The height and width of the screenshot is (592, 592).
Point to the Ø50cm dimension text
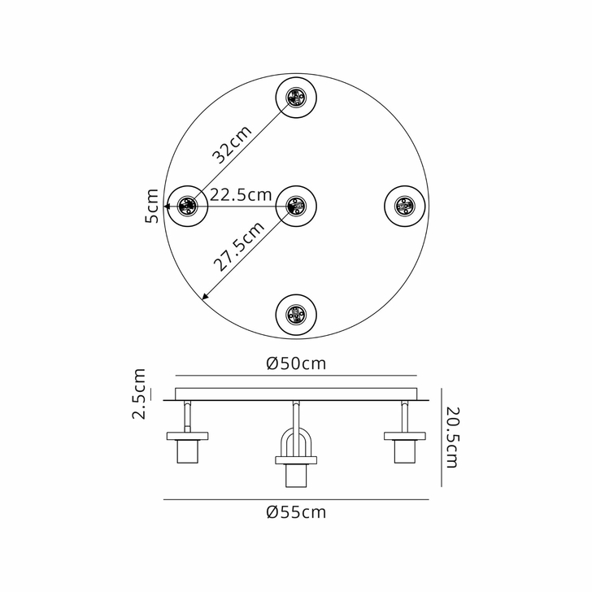coord(296,364)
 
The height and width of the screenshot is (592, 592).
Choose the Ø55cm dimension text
coord(296,512)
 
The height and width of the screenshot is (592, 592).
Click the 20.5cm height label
coord(452,439)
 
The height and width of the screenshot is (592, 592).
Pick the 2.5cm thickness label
coord(140,394)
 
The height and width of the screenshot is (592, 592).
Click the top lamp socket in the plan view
coord(295,98)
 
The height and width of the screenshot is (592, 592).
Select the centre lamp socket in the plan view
coord(295,206)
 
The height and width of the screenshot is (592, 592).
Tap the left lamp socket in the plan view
coord(188,206)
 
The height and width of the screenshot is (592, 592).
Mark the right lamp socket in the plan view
coord(403,206)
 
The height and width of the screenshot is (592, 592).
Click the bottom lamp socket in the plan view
coord(295,313)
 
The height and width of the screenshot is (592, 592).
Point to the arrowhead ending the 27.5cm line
coord(204,297)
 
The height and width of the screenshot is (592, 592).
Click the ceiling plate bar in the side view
coord(296,394)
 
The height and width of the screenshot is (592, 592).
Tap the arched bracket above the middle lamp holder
coord(295,443)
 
